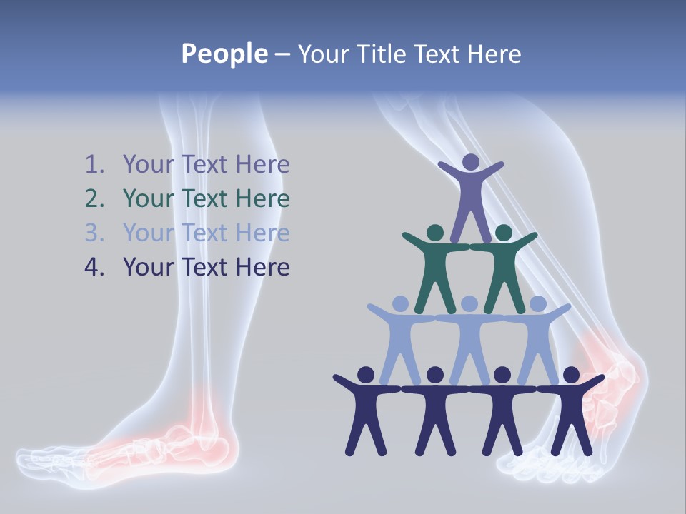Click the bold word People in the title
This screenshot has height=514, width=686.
pos(224,54)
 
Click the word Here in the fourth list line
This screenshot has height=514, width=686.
pos(263,268)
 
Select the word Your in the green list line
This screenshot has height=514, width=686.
pos(149,199)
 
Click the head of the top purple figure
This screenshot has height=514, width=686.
pos(470,163)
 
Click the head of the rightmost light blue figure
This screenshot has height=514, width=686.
pos(537,304)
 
